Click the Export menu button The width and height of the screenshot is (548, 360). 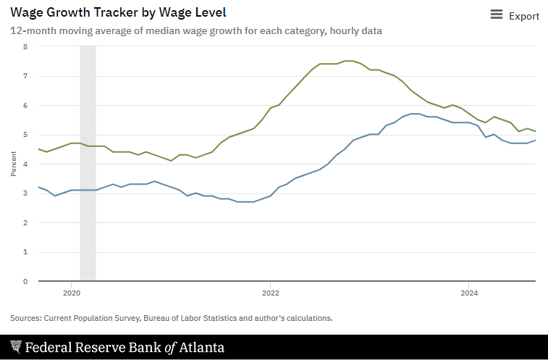[x=515, y=16]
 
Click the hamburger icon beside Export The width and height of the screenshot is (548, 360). [x=497, y=15]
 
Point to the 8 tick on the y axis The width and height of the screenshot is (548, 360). [x=25, y=46]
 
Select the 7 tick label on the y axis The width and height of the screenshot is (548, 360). [x=25, y=76]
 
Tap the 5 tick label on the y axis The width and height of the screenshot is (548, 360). [x=25, y=135]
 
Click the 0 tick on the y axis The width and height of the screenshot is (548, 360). [x=25, y=281]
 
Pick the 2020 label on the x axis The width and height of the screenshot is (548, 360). [x=72, y=293]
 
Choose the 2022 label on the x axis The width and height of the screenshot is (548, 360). [x=270, y=293]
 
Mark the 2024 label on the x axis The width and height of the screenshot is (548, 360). [x=469, y=293]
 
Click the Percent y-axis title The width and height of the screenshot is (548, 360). [x=14, y=164]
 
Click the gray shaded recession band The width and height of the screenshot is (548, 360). [x=88, y=163]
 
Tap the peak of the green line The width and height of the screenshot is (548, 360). [x=349, y=61]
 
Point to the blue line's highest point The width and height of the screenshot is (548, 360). [x=415, y=114]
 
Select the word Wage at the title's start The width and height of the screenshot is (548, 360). [x=27, y=12]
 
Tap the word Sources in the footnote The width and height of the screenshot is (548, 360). [x=25, y=318]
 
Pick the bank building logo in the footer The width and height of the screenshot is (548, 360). [x=16, y=347]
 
